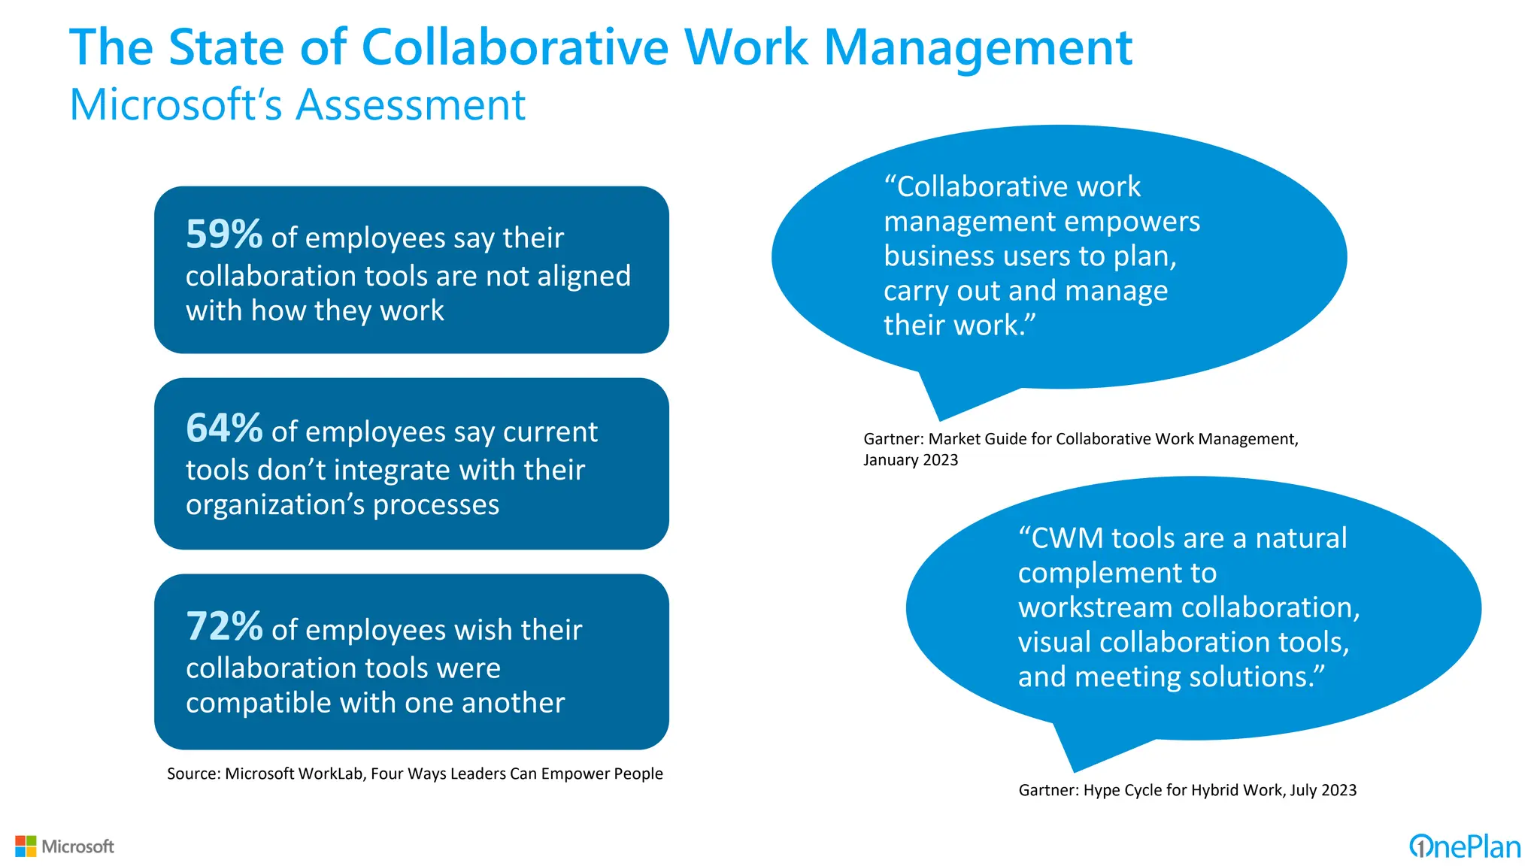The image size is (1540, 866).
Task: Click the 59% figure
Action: tap(223, 235)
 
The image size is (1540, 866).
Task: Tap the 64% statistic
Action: tap(223, 428)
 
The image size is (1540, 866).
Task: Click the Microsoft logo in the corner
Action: tap(65, 846)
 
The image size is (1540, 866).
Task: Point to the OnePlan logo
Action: tap(1464, 847)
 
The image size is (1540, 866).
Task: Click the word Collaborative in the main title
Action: tap(514, 48)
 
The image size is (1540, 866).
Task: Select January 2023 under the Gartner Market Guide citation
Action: tap(910, 460)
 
